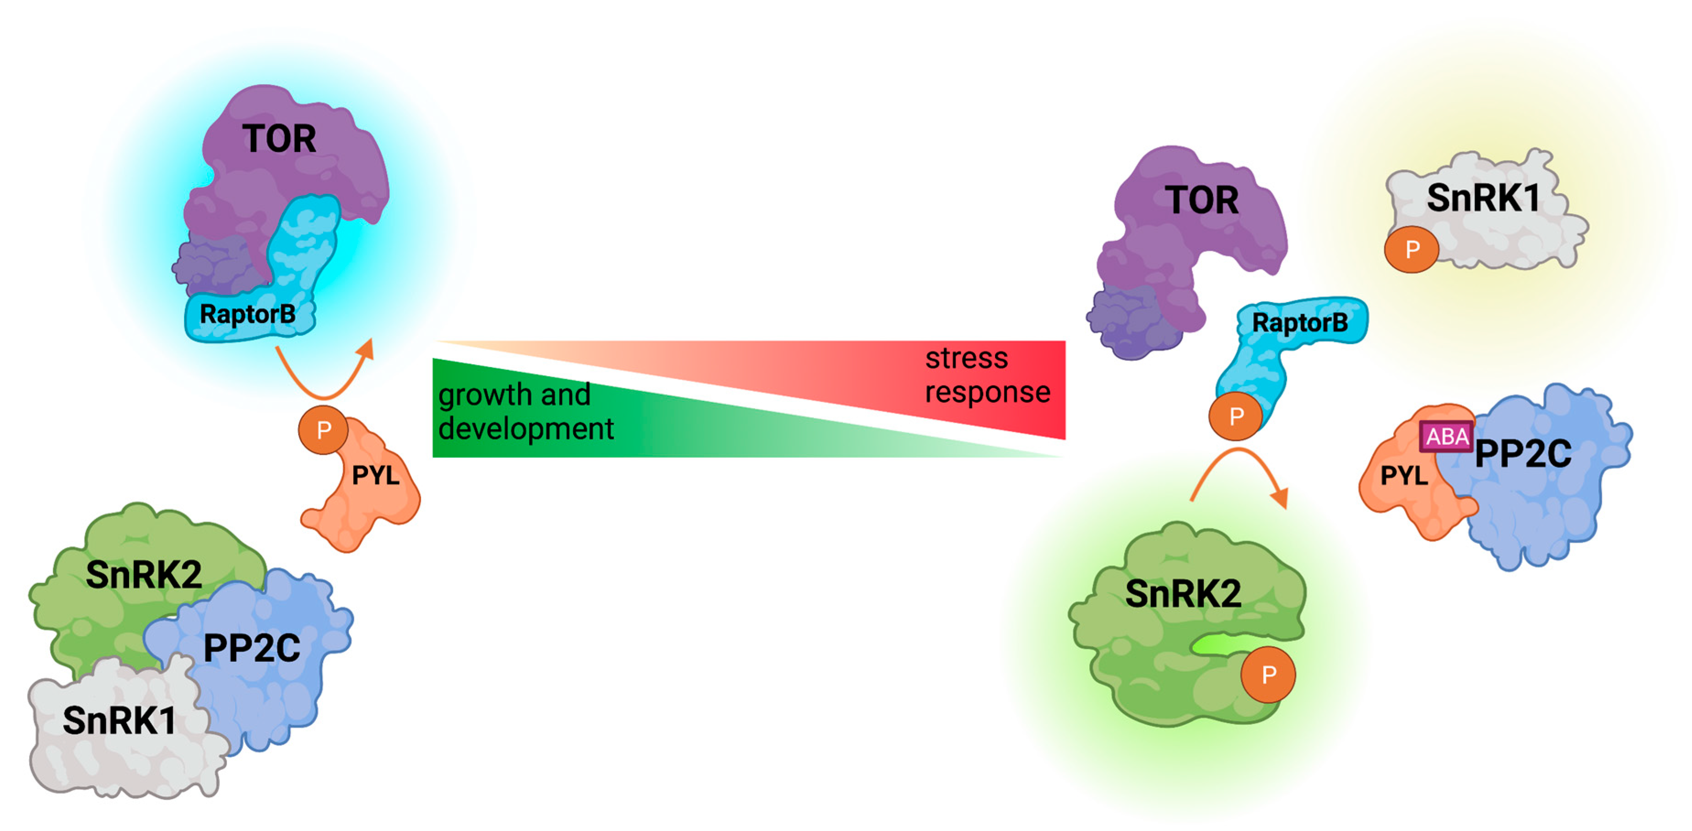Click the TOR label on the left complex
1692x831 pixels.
pos(279,139)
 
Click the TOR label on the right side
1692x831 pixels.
pos(1201,200)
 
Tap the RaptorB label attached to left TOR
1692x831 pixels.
pos(248,314)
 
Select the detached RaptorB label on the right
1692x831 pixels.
pos(1300,322)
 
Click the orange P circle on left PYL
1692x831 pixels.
pos(323,430)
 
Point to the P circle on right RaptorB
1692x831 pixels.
pos(1236,416)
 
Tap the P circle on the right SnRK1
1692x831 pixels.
pos(1411,249)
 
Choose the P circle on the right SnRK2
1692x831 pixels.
pos(1268,674)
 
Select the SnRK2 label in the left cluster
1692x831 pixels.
pos(144,574)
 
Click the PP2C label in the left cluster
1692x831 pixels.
pos(252,648)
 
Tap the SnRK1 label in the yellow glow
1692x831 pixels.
pos(1483,198)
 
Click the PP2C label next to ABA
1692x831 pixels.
pos(1523,453)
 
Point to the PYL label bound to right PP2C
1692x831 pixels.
pos(1404,475)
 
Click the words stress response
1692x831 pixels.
pos(987,375)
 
